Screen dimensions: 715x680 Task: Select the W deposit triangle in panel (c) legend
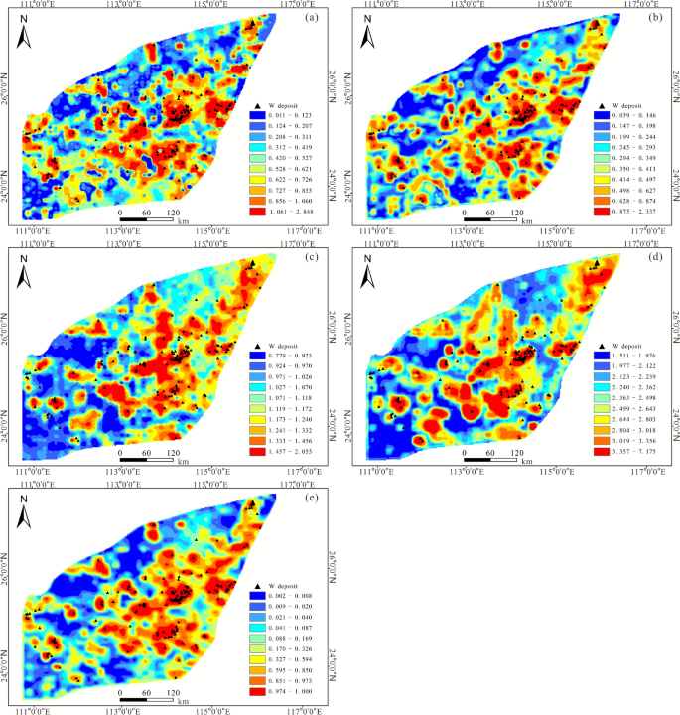point(256,343)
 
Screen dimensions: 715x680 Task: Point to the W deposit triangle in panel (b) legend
point(600,104)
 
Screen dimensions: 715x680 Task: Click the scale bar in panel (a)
point(146,216)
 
